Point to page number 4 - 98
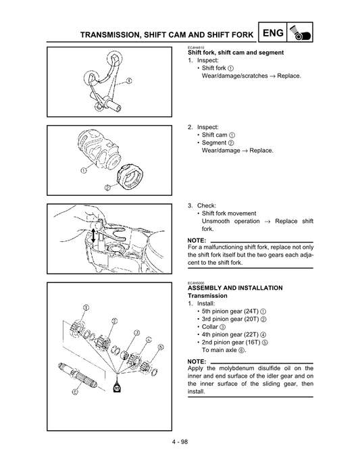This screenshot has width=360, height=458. tap(180, 442)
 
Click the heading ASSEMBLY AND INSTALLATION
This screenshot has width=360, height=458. tap(234, 288)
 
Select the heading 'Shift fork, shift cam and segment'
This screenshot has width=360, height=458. tap(235, 53)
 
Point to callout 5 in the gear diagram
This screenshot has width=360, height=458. tap(160, 347)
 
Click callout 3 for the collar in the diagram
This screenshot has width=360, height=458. tap(136, 332)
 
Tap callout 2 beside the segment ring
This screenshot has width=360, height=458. tap(107, 187)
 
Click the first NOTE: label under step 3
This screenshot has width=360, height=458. tap(197, 240)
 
